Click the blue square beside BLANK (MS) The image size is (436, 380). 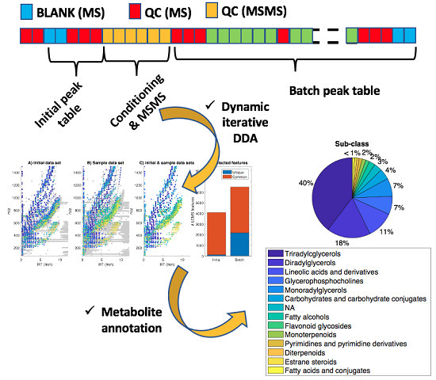11,11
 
